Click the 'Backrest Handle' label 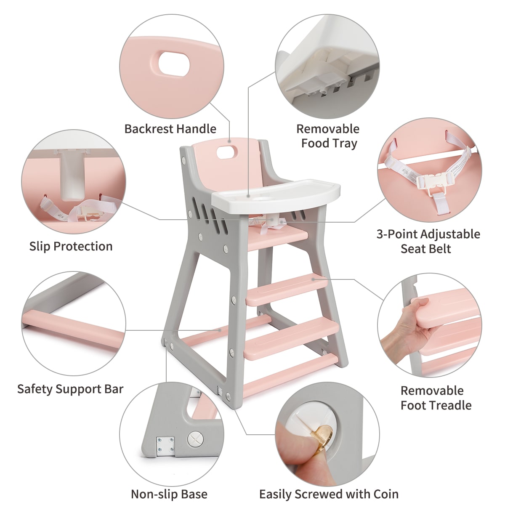(x=170, y=129)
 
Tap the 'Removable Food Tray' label (x=328, y=136)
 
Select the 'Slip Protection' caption (x=71, y=246)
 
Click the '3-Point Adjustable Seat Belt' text (x=428, y=241)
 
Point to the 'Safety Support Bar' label (x=70, y=389)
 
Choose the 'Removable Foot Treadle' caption (x=436, y=398)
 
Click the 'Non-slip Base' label (x=169, y=494)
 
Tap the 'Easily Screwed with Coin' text (x=329, y=494)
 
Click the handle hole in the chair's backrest (x=226, y=151)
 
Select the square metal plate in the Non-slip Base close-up (x=165, y=445)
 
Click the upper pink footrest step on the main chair (x=286, y=290)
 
